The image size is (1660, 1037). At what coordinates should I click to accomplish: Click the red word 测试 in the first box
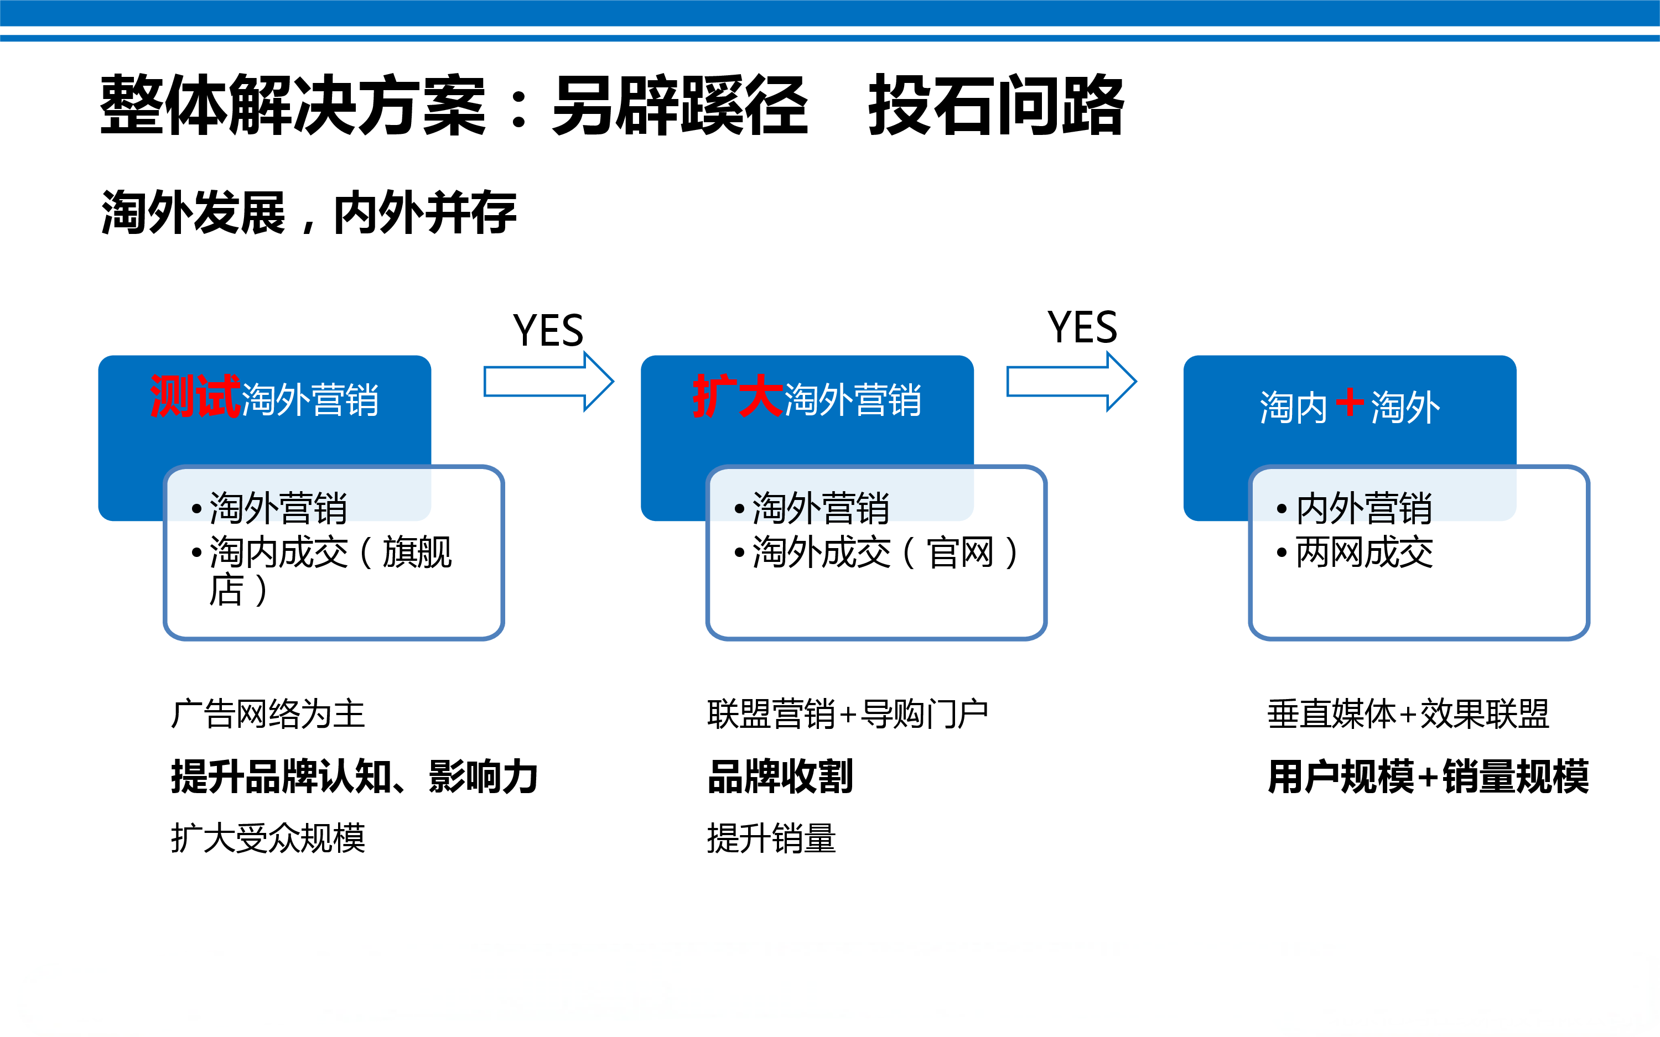coord(195,397)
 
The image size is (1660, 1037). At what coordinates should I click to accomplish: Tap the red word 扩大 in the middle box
coord(738,397)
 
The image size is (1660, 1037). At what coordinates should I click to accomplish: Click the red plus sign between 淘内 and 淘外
coord(1349,403)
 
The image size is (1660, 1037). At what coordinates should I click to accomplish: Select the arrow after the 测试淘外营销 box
coord(549,381)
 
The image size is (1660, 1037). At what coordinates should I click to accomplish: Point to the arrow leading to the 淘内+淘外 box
coord(1071,381)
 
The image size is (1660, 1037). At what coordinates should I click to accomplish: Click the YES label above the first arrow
coord(548,331)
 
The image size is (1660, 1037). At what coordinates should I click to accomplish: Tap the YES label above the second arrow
coord(1082,327)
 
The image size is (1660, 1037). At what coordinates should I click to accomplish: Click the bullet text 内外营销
coord(1363,508)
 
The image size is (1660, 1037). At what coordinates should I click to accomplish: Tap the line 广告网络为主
coord(267,714)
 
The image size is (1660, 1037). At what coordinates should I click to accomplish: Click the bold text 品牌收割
coord(780,777)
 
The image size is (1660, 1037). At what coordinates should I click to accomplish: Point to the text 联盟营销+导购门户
coord(848,714)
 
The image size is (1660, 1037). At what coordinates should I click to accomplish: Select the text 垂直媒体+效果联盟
coord(1408,714)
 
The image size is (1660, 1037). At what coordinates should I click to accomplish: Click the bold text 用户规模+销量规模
coord(1428,777)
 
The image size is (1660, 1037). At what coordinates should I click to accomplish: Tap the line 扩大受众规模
coord(267,837)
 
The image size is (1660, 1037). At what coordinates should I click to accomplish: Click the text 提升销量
coord(772,837)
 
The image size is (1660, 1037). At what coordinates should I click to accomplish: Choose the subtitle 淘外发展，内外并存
coord(309,212)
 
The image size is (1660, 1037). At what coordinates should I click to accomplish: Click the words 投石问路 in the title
coord(996,105)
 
